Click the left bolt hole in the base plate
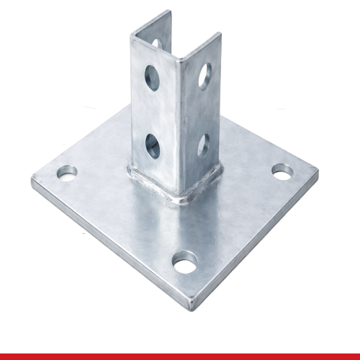point(66,174)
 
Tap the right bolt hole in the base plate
point(282,171)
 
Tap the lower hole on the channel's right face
point(204,142)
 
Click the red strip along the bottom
point(180,356)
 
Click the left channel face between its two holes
point(154,108)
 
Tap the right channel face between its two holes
point(204,108)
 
